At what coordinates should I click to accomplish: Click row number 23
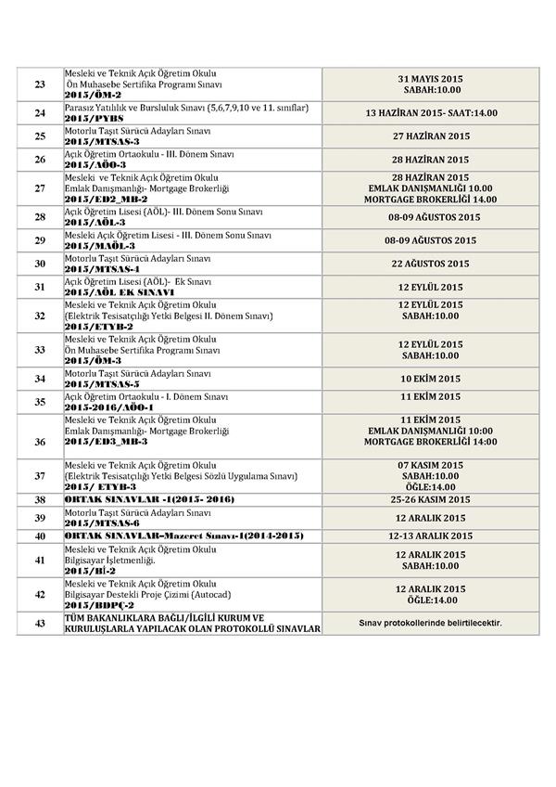click(40, 84)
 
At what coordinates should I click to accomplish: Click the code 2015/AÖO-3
click(94, 164)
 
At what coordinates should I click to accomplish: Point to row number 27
click(40, 188)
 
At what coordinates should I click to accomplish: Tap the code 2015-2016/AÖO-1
click(107, 406)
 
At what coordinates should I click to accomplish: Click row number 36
click(40, 442)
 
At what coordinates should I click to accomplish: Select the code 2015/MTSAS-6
click(101, 523)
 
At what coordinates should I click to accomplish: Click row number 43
click(40, 624)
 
